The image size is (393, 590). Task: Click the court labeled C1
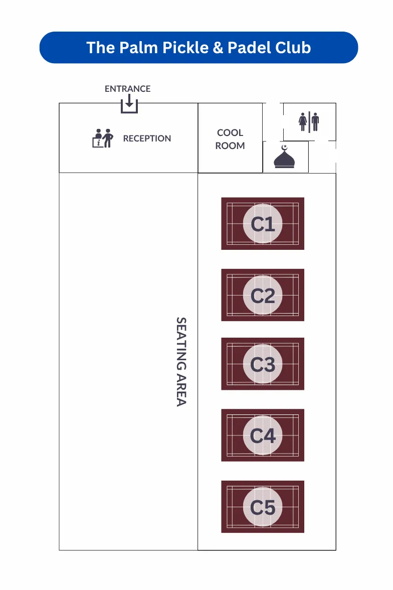263,224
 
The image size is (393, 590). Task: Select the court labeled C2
263,296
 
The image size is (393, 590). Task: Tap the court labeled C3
263,364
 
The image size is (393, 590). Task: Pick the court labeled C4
263,435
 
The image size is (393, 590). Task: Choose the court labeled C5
263,507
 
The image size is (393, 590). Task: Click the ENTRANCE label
127,89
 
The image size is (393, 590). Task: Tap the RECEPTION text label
147,138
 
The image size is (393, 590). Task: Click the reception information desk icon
103,138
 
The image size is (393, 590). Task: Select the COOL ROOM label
230,139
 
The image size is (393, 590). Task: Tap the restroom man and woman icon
309,121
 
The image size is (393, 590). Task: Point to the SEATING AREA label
181,361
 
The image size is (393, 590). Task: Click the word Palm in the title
140,48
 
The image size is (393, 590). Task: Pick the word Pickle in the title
186,48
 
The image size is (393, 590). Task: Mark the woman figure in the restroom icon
303,121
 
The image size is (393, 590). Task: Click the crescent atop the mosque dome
285,147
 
